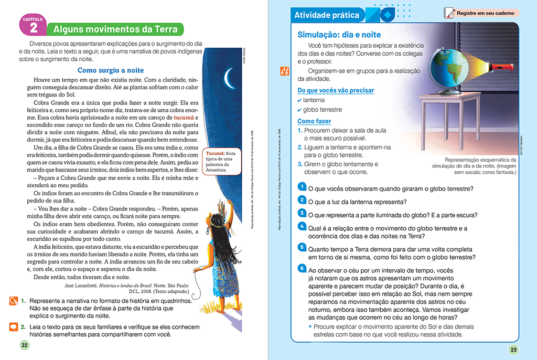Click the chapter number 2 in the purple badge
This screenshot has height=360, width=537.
point(34,28)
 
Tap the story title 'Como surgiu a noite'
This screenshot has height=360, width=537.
point(111,70)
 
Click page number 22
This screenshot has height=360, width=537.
point(24,345)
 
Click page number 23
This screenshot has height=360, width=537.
point(513,350)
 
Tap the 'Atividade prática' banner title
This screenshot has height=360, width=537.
point(327,15)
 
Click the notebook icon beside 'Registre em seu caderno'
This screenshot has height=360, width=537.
point(448,13)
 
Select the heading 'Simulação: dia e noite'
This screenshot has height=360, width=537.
point(339,35)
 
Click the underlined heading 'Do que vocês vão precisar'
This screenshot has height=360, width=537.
point(336,90)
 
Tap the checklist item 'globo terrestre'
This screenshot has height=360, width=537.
point(322,110)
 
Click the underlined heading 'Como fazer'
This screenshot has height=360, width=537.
point(314,121)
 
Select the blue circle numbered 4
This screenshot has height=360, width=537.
point(302,226)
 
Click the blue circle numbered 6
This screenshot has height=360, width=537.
point(302,268)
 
